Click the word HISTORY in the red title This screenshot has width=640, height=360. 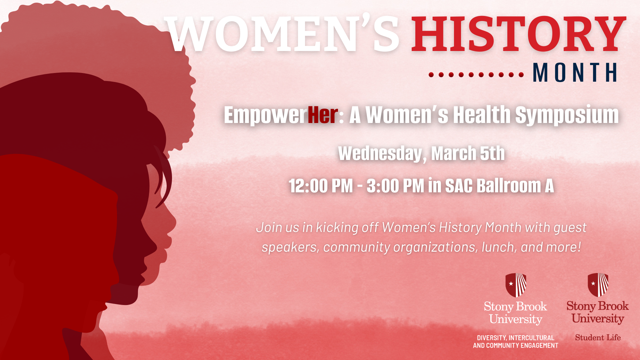point(519,34)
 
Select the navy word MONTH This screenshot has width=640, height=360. point(575,72)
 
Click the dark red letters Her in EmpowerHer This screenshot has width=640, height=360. point(323,115)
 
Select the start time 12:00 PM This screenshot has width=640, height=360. point(321,186)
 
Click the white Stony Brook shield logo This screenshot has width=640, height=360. point(516,285)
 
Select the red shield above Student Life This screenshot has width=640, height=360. point(598,285)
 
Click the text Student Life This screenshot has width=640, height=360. point(598,337)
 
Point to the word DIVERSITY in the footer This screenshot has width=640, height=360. point(492,338)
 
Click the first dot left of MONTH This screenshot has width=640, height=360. point(431,75)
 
